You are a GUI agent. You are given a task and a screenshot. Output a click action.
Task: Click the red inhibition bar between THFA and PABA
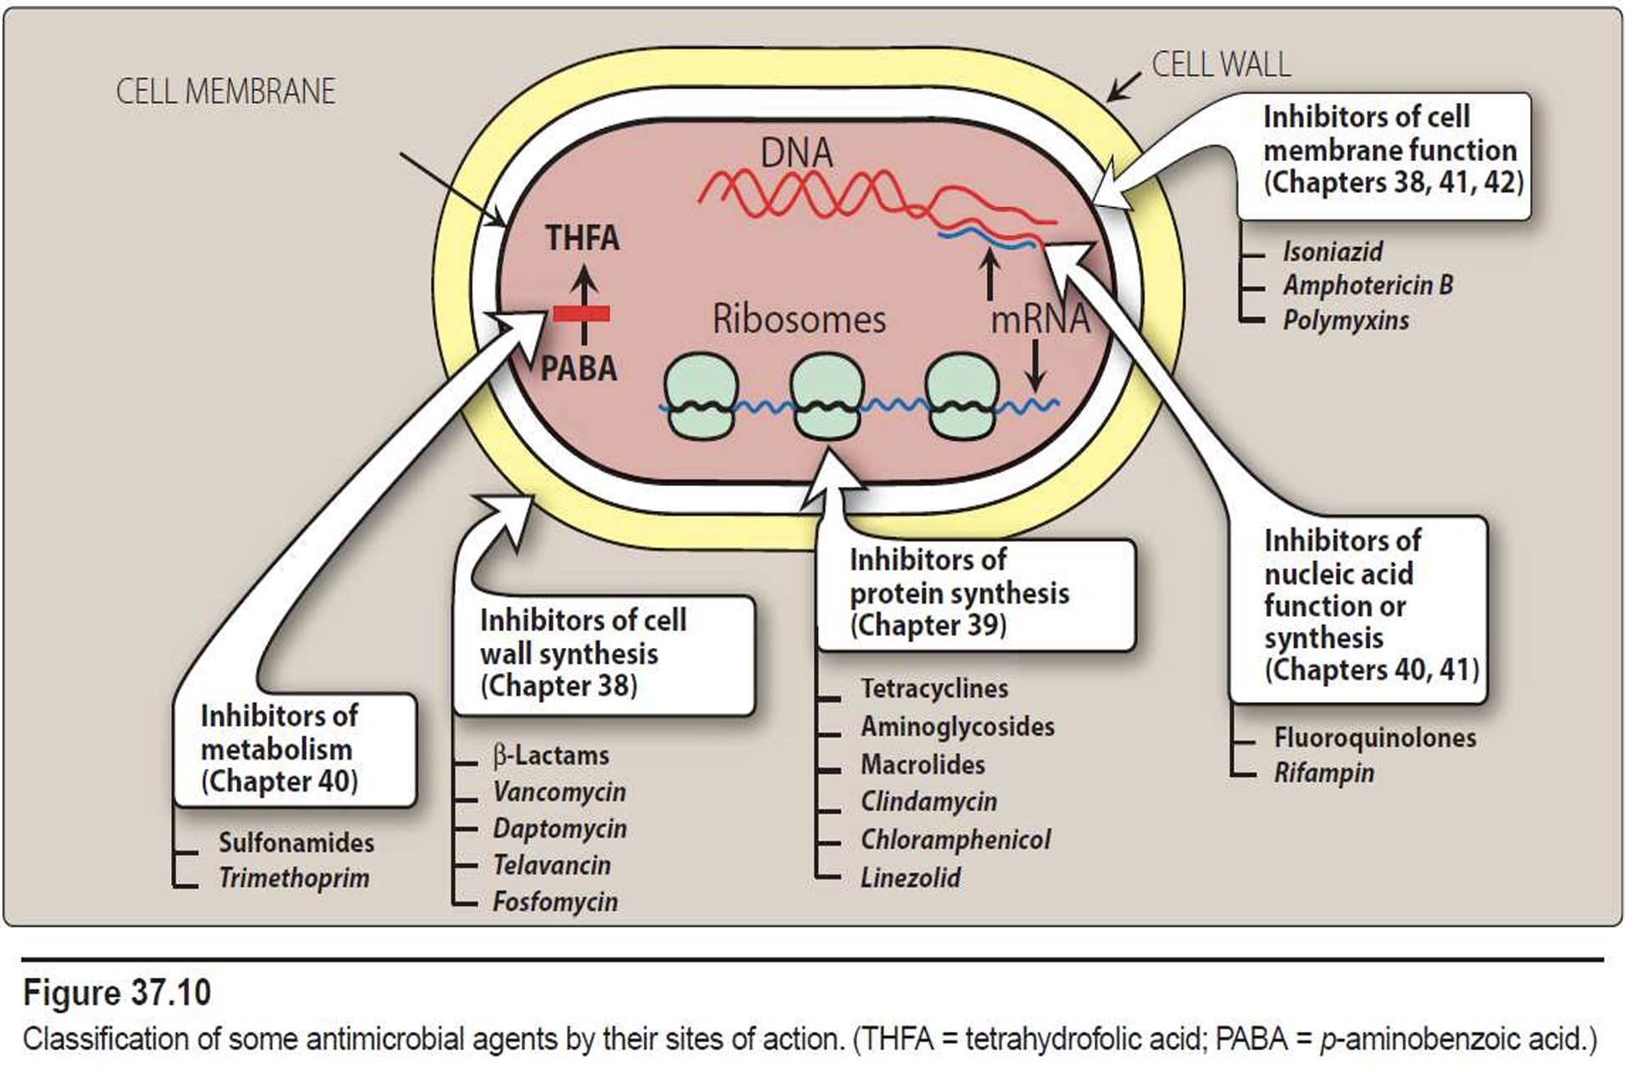click(x=581, y=314)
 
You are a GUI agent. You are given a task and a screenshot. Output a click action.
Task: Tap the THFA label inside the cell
click(x=583, y=239)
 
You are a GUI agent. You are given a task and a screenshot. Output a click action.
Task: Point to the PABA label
click(x=579, y=369)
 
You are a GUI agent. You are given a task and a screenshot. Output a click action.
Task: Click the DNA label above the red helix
click(x=796, y=154)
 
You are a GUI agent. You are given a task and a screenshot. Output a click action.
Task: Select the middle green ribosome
click(x=827, y=396)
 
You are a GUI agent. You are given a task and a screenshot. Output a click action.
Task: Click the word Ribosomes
click(x=799, y=320)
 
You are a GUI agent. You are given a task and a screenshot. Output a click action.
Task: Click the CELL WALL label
click(x=1221, y=65)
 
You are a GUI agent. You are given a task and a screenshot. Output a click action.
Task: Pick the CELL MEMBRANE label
click(x=225, y=92)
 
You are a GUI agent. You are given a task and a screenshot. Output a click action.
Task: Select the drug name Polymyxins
click(x=1346, y=321)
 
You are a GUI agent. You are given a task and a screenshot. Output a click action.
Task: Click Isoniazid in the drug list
click(x=1332, y=251)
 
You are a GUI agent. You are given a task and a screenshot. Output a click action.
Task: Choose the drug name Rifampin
click(x=1324, y=773)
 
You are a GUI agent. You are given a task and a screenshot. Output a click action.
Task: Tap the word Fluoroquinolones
click(x=1375, y=738)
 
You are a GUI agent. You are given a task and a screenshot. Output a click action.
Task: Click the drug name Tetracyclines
click(x=934, y=689)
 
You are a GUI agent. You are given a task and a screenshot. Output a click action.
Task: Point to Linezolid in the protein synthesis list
click(x=911, y=878)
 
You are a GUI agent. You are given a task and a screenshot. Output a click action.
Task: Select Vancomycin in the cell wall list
click(x=559, y=792)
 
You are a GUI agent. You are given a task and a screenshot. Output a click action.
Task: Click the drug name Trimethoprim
click(x=294, y=878)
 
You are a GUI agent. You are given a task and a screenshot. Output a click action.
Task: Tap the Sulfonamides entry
click(x=296, y=843)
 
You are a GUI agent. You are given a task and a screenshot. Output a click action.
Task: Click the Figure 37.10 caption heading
click(x=117, y=994)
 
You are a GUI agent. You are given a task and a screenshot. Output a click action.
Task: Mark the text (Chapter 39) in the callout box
click(x=928, y=625)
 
